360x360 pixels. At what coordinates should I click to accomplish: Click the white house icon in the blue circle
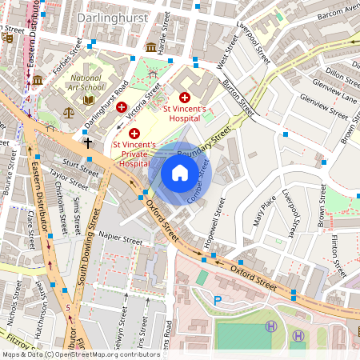(180, 172)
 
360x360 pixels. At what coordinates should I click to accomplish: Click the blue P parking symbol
(218, 301)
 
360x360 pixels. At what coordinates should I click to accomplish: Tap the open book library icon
(89, 101)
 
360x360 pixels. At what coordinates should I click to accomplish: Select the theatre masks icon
(7, 37)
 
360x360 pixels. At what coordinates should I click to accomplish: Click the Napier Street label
(120, 238)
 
